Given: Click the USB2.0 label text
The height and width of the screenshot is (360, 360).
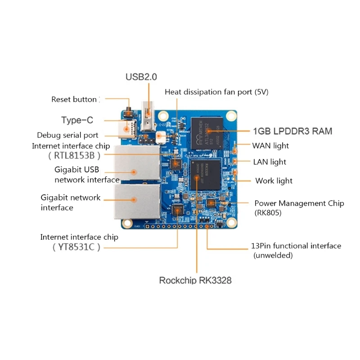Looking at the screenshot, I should tap(141, 77).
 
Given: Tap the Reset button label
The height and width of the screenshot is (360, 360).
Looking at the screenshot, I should tap(74, 99).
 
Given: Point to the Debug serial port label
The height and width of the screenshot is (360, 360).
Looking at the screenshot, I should tap(67, 135).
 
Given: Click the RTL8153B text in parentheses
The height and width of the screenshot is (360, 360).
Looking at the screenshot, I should tap(74, 156).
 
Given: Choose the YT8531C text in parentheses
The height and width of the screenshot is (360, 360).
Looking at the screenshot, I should tap(74, 247).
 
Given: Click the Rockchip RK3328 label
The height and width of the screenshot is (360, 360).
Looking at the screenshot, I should tap(195, 280).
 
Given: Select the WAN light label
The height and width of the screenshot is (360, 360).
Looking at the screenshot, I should tap(270, 146).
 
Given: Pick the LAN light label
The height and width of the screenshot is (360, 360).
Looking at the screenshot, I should tap(270, 162).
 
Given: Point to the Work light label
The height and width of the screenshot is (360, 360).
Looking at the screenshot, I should tap(274, 181).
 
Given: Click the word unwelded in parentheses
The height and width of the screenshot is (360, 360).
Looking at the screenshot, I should tap(273, 256).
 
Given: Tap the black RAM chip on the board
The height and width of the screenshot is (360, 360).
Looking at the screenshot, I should tap(207, 133).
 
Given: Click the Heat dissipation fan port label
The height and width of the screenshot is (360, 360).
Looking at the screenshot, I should tap(216, 92).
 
